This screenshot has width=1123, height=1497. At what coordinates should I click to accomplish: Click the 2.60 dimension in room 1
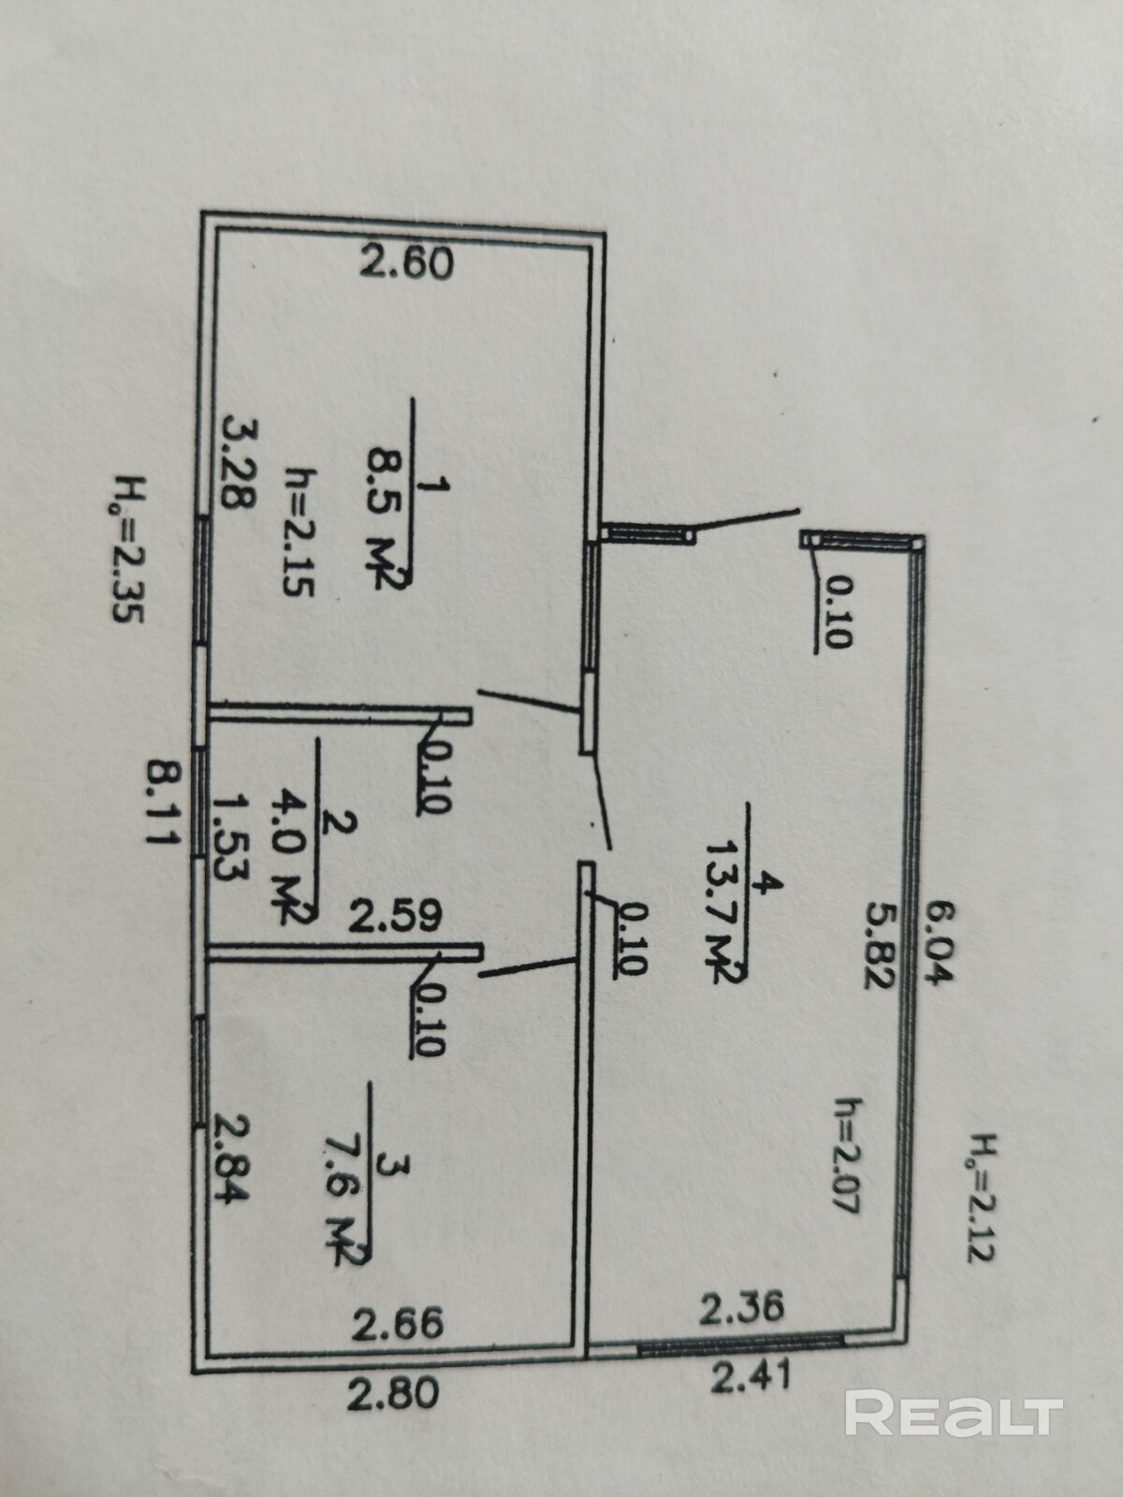[x=407, y=263]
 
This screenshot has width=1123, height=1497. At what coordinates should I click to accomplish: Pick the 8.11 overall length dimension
[x=164, y=804]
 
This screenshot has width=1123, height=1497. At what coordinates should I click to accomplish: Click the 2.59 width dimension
[x=396, y=917]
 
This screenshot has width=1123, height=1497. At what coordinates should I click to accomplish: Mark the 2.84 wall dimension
[x=232, y=1159]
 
